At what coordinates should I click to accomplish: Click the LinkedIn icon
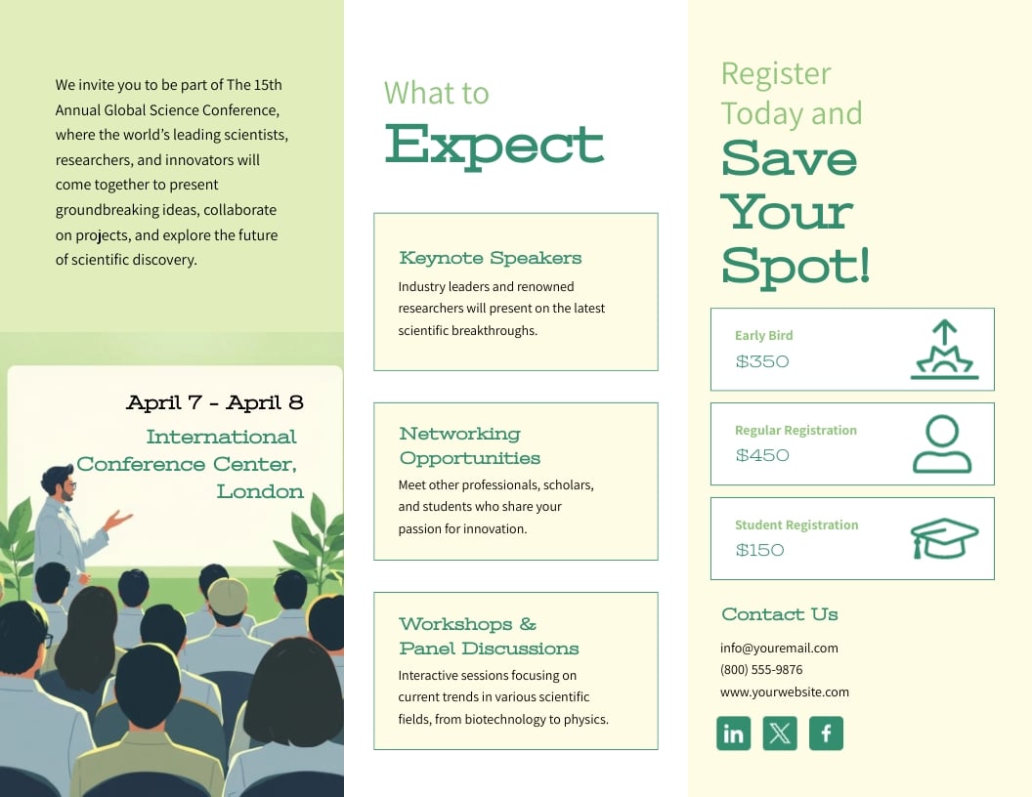click(733, 734)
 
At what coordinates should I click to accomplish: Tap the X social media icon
click(780, 734)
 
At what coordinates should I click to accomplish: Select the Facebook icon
click(826, 734)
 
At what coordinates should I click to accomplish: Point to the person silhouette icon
click(942, 444)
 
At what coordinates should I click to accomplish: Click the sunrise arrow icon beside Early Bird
click(944, 350)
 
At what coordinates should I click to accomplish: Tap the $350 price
click(762, 361)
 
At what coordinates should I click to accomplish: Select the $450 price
click(762, 455)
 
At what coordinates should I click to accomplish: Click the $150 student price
click(760, 550)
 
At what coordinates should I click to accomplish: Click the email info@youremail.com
click(779, 648)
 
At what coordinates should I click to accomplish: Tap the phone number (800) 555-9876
click(761, 670)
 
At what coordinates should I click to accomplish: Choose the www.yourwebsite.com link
click(785, 692)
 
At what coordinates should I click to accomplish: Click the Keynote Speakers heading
click(491, 258)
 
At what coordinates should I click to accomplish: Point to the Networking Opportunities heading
click(469, 445)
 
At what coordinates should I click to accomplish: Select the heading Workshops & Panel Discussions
click(489, 636)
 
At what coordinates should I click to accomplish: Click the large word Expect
click(494, 145)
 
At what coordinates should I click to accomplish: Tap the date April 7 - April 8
click(215, 402)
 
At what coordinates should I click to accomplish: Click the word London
click(260, 491)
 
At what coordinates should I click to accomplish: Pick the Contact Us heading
click(780, 614)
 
